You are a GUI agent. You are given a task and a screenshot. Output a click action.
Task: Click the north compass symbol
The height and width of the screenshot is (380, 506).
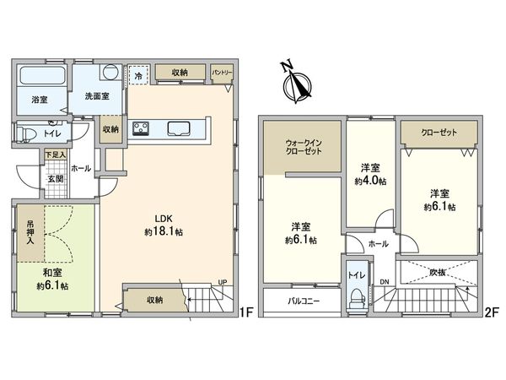click(x=296, y=83)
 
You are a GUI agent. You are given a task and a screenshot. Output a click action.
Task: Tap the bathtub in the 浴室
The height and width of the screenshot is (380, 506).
click(x=42, y=76)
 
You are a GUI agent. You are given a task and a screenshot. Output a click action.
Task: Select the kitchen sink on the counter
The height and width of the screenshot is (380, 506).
click(x=179, y=128)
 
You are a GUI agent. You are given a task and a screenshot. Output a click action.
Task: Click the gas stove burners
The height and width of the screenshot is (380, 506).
click(x=141, y=128)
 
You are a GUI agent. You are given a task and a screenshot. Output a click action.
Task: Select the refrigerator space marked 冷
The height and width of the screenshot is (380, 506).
click(x=138, y=75)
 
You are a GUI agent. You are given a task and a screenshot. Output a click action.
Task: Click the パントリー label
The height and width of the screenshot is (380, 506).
click(x=222, y=73)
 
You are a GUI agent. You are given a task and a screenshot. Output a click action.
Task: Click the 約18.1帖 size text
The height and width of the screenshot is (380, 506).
click(x=164, y=231)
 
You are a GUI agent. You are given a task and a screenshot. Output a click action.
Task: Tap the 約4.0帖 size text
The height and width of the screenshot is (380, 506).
click(x=370, y=181)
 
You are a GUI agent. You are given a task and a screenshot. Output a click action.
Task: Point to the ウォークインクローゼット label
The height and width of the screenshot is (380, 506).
click(x=304, y=147)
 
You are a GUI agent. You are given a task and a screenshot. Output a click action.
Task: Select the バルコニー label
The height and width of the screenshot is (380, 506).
click(x=304, y=301)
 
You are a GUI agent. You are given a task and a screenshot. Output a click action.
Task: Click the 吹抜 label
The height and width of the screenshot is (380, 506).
click(x=438, y=273)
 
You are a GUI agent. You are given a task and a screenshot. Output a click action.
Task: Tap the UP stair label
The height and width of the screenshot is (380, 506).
click(x=223, y=282)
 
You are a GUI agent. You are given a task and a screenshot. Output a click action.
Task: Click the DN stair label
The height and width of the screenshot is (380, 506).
click(x=385, y=282)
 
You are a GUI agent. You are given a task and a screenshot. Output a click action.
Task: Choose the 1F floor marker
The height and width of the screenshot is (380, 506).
click(x=246, y=312)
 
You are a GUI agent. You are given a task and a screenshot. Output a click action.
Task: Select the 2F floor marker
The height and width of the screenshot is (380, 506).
click(x=493, y=312)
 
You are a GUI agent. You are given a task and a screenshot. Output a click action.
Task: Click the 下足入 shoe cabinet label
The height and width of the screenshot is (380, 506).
click(x=55, y=155)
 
